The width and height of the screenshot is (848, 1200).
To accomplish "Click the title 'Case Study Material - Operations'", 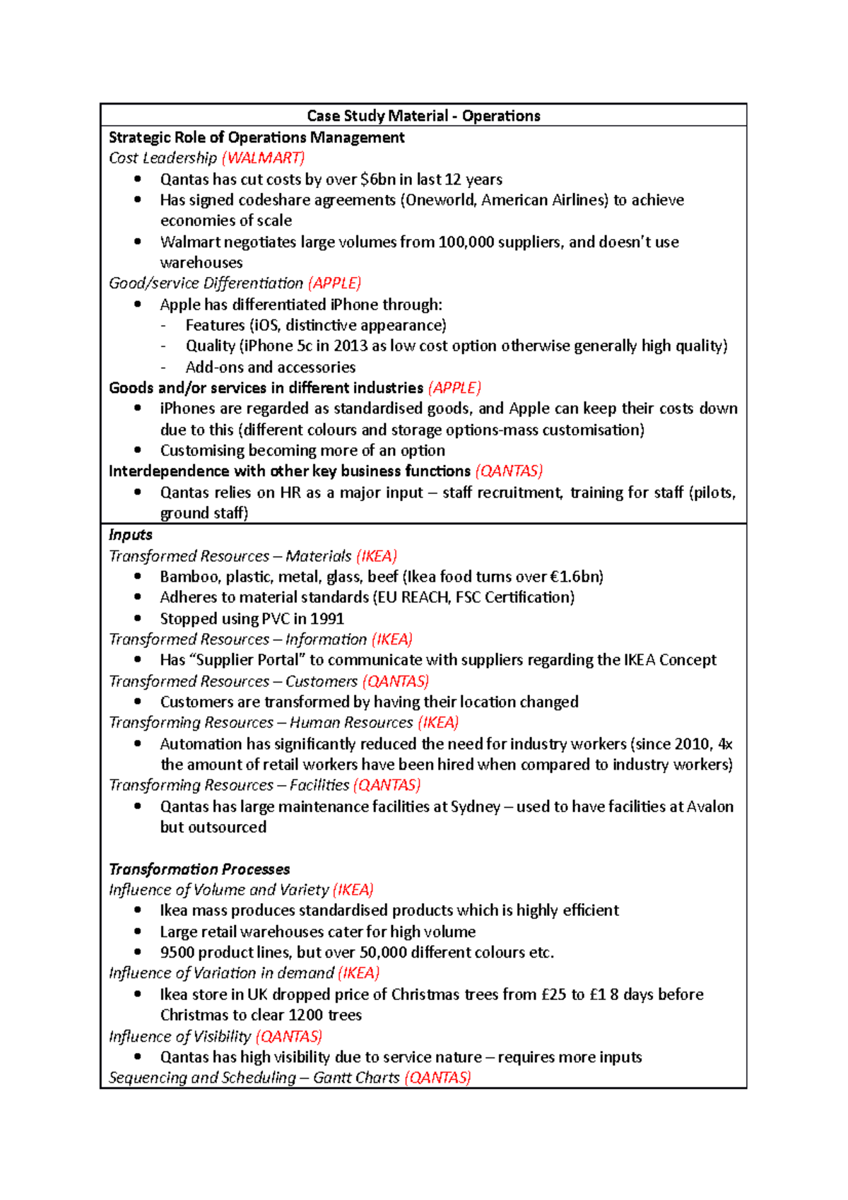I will [423, 116].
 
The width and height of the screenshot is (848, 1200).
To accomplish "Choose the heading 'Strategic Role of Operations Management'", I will [257, 137].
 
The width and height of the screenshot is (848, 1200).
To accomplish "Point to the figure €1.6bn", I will [574, 577].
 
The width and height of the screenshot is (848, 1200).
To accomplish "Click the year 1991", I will [326, 618].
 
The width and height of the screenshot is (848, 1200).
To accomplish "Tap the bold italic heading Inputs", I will [131, 535].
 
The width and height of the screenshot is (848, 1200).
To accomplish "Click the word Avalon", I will [709, 806].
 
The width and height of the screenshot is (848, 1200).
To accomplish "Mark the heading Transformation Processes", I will [199, 869].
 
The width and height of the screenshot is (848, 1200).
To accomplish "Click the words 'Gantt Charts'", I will [356, 1078].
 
